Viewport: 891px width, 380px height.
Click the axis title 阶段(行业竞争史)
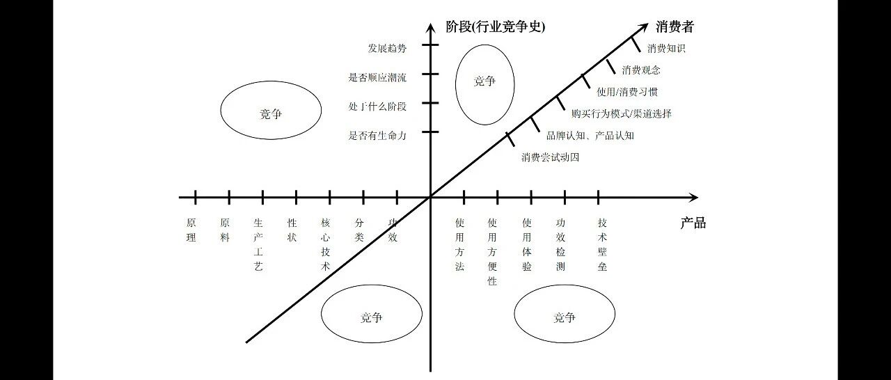(x=495, y=27)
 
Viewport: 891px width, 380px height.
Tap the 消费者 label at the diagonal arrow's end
(x=675, y=27)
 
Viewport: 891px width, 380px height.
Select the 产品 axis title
(x=693, y=223)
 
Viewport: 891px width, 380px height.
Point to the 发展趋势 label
(x=387, y=49)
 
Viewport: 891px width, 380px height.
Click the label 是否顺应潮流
(x=377, y=77)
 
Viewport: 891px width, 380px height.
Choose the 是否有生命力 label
(x=377, y=136)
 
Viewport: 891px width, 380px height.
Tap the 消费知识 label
(x=666, y=49)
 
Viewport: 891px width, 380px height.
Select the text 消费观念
(x=641, y=70)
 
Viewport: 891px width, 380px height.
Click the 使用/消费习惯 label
(x=627, y=93)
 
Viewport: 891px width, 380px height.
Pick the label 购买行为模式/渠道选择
(x=622, y=113)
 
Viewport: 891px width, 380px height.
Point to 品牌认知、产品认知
(x=590, y=136)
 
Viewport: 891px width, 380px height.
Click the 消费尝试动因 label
(x=550, y=157)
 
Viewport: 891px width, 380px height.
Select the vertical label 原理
(x=191, y=230)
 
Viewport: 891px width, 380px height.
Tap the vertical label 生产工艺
(x=258, y=245)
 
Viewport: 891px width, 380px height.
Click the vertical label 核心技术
(x=325, y=245)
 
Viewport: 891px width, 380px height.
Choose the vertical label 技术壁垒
(x=602, y=245)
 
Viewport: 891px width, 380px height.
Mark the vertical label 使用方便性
(x=492, y=252)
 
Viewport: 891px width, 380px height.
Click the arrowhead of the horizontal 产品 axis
(x=695, y=197)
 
